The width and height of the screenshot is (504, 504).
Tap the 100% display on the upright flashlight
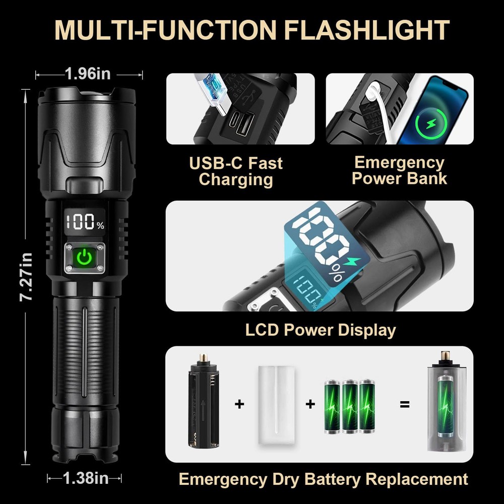[85, 221]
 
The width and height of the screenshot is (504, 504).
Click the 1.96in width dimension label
[88, 74]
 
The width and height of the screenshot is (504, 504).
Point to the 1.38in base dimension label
[86, 478]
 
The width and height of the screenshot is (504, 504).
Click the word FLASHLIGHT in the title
[367, 30]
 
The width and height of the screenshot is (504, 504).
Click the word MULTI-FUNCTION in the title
[166, 30]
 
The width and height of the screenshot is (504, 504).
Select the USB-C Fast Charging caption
[236, 171]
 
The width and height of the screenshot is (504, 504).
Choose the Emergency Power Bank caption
[400, 170]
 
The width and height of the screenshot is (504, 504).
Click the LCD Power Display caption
[321, 330]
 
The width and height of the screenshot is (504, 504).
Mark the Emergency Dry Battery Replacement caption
[323, 479]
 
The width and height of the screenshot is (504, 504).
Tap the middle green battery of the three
[350, 407]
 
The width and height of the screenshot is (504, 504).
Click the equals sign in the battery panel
[405, 404]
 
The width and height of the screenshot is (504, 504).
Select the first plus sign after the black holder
[239, 404]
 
